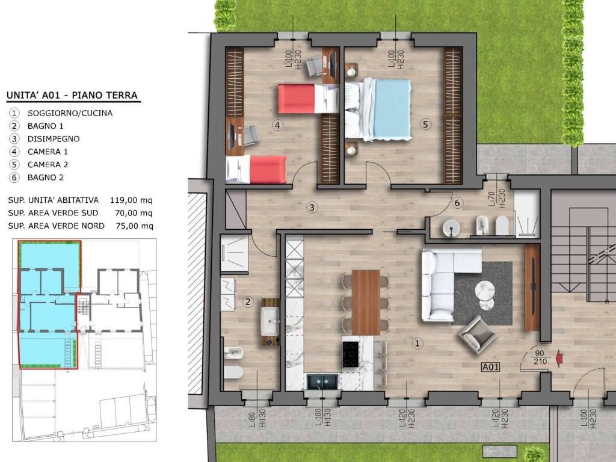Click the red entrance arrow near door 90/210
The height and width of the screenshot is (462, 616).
coord(559,359)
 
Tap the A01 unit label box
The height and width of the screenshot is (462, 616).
coord(491,367)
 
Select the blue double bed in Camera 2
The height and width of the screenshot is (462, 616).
coord(378,109)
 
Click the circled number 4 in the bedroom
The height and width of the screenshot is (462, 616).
coord(278,125)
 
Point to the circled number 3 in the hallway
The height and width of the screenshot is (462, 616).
coord(312,207)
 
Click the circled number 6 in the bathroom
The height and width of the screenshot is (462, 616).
coord(457,203)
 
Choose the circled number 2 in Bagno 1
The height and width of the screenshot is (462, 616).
coord(247,302)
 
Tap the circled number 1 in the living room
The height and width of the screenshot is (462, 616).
coord(417,343)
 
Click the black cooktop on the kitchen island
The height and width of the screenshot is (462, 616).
coord(351,354)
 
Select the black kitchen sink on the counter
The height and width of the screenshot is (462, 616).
coord(322,381)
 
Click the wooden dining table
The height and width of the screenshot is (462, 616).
coord(366,302)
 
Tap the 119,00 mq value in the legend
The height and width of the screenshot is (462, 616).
coord(131,200)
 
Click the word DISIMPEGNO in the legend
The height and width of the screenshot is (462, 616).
coord(54,139)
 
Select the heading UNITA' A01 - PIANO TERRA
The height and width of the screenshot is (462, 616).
coord(72,96)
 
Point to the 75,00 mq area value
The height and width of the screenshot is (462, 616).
coord(134,226)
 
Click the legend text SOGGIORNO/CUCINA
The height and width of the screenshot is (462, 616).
coord(70,113)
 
